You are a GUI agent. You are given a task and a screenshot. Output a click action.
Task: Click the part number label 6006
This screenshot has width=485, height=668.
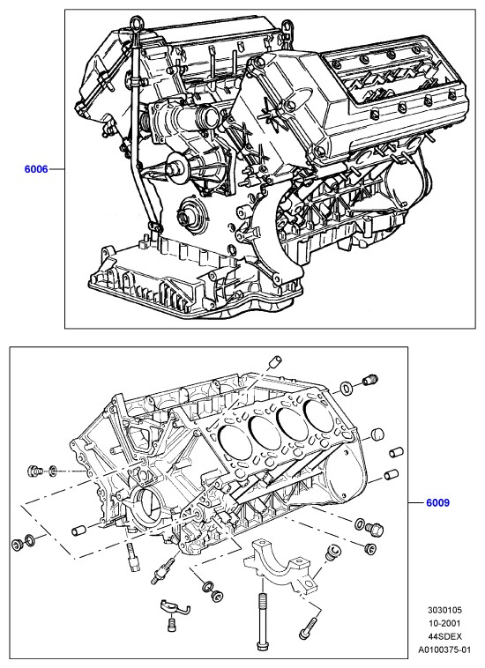tap(36, 169)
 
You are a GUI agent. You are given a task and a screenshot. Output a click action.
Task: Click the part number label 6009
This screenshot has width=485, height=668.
tap(437, 502)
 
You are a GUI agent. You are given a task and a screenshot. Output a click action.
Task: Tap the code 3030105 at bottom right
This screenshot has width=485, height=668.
tap(444, 610)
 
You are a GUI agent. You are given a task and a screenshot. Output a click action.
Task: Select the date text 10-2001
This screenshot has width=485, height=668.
tap(444, 623)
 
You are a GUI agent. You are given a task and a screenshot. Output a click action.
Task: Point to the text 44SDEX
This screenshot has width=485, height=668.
tap(444, 636)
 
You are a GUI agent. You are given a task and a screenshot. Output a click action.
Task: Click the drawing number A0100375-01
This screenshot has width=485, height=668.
tap(444, 649)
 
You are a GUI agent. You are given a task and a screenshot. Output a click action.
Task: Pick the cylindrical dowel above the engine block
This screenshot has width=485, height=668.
tap(274, 361)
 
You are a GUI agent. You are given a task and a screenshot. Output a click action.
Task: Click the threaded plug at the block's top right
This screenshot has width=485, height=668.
tap(370, 379)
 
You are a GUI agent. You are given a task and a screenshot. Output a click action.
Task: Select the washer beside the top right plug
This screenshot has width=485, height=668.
tap(346, 388)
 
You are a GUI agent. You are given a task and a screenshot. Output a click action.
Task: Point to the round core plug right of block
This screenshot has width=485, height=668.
tap(377, 434)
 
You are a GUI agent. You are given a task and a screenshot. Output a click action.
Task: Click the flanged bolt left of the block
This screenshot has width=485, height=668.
tap(35, 471)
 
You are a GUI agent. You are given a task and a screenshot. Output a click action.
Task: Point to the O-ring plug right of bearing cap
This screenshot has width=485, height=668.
tap(332, 552)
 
